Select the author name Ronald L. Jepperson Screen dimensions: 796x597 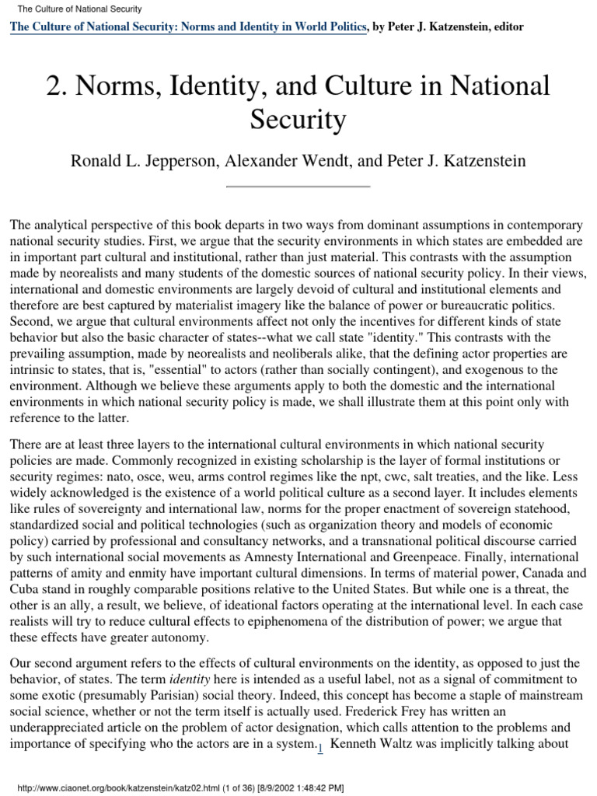(148, 161)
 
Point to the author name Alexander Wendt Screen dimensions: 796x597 (294, 161)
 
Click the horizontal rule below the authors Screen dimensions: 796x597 (298, 187)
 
